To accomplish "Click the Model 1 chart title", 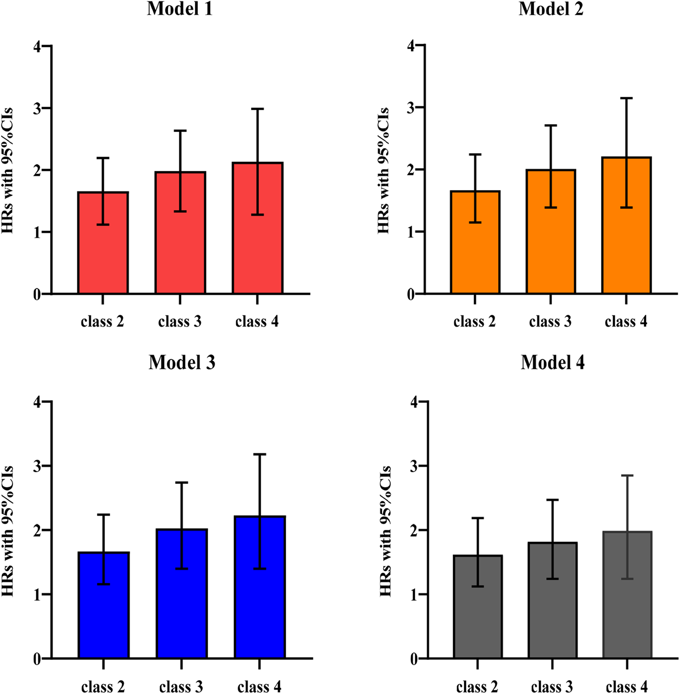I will point(180,9).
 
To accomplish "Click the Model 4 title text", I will point(552,363).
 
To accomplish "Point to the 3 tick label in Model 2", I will point(411,107).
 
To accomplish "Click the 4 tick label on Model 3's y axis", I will point(37,401).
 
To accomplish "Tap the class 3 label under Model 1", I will point(180,322).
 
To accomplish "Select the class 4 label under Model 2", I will point(626,322).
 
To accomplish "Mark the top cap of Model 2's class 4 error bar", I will point(626,98).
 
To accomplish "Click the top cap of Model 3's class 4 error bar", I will point(260,454).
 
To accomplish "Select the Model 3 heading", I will point(182,363).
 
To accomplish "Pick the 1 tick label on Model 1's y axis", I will point(37,232).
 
